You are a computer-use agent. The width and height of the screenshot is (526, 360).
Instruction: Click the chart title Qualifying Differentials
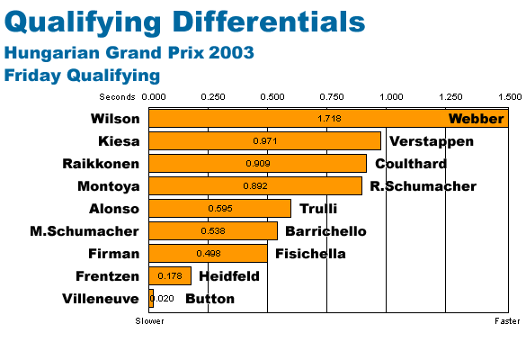[184, 22]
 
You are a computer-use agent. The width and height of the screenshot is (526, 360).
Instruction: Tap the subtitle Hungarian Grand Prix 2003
[129, 53]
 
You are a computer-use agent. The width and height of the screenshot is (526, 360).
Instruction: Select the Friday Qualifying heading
[82, 76]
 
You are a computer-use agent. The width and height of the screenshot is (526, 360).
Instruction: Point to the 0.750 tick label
[332, 97]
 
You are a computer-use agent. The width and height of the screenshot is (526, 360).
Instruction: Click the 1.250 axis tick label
[450, 97]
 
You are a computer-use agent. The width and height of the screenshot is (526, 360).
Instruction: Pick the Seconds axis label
[117, 97]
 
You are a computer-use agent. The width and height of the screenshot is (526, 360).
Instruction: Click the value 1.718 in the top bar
[329, 119]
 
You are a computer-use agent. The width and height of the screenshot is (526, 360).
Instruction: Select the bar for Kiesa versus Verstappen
[265, 141]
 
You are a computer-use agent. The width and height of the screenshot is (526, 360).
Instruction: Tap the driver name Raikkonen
[101, 164]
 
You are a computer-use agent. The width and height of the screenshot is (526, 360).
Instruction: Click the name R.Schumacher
[423, 186]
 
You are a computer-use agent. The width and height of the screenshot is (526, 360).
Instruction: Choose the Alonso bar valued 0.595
[219, 209]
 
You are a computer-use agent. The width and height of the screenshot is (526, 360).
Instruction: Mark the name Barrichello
[325, 231]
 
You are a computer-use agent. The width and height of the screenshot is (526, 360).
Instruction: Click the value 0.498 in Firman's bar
[209, 254]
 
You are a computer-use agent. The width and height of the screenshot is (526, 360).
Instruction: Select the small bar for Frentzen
[170, 276]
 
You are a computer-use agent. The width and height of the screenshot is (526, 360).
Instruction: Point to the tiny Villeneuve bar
[151, 299]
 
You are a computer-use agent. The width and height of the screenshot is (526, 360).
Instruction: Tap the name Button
[210, 299]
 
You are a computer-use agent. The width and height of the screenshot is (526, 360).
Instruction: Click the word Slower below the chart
[149, 321]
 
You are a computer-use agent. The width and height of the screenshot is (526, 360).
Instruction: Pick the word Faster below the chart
[507, 321]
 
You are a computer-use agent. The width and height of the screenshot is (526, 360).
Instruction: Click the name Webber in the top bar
[476, 119]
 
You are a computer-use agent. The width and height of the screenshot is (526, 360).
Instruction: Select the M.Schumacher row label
[85, 231]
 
